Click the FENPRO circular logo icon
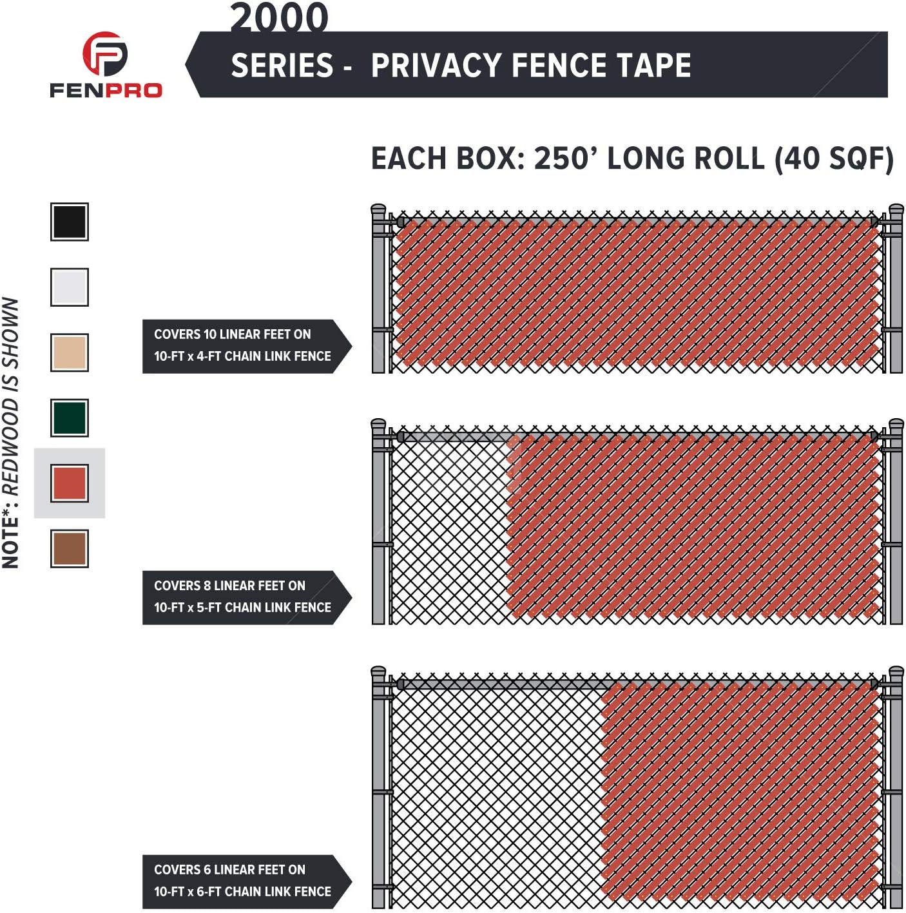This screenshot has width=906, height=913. pos(105,54)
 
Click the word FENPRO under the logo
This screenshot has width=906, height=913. pos(106,90)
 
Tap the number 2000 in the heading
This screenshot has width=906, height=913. pos(279,17)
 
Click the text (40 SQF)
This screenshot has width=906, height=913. pos(834,159)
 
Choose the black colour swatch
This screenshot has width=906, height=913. pos(70,222)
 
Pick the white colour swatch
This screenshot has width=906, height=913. pos(70,287)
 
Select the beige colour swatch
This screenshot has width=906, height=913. pos(70,352)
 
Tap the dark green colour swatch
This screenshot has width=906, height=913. pos(70,418)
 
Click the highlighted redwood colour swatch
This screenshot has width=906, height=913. pos(70,483)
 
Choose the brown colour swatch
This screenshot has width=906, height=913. pos(70,548)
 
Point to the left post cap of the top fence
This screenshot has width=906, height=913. pos(379,210)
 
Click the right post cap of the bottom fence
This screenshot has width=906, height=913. pos(896,673)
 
